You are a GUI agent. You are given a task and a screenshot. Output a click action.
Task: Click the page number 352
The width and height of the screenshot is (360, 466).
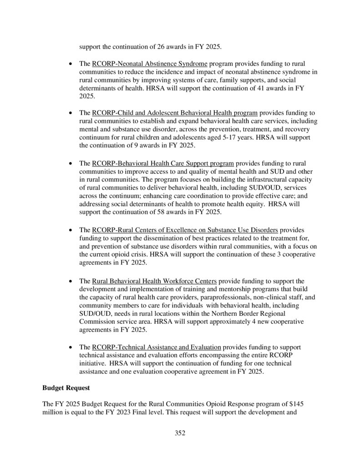[x=180, y=433]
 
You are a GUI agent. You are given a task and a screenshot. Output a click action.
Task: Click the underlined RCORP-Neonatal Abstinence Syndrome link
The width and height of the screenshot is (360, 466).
[x=150, y=63]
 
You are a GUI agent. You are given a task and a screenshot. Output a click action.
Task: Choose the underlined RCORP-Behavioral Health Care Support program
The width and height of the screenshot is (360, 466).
[x=163, y=162]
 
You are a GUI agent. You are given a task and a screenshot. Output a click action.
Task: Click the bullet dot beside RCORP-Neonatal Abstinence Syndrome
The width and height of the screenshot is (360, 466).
[x=70, y=64]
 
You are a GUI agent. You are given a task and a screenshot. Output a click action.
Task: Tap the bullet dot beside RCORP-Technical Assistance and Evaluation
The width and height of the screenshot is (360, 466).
[x=70, y=347]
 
